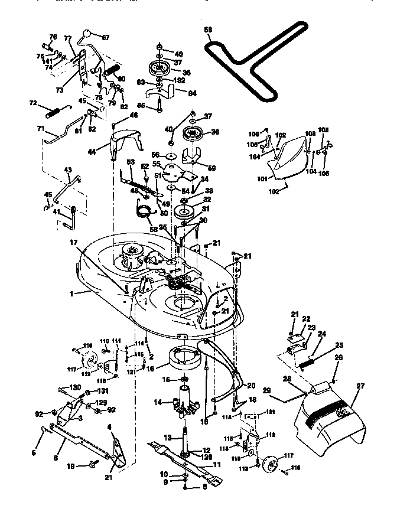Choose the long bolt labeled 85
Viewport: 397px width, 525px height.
160,103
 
